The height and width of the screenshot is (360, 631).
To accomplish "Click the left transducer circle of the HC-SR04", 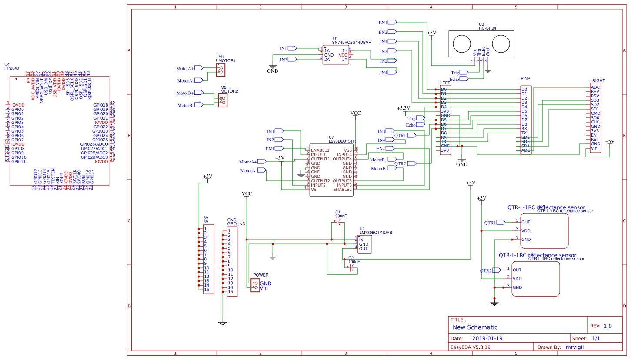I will coord(462,43).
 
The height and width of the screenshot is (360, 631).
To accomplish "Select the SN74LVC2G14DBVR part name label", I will coord(351,43).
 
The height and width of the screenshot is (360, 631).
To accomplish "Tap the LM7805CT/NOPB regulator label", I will coord(376,233).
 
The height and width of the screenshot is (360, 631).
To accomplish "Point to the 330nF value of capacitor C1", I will coord(341,216).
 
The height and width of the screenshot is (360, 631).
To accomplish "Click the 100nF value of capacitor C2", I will coord(354,262).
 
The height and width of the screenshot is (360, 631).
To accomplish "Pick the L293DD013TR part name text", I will coord(342,141).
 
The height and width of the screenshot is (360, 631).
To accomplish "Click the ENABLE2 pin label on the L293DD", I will coord(342,189).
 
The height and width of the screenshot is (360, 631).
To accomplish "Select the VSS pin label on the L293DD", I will coord(348,150).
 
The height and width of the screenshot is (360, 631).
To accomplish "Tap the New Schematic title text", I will coord(475,327).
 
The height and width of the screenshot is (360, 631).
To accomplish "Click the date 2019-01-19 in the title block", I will coord(487,338).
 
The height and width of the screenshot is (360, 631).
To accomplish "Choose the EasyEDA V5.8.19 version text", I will coord(470,347).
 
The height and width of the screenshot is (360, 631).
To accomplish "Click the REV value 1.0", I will coord(608,326).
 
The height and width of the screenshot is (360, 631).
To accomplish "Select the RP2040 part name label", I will coord(12,68).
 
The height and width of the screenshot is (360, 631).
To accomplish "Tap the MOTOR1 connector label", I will coord(227,60).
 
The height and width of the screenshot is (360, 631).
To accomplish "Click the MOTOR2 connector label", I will coord(229,91).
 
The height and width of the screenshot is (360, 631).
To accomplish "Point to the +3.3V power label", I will coord(403,107).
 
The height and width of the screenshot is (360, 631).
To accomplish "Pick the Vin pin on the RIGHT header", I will coord(594,148).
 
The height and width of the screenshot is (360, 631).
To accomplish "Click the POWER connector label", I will coord(260,275).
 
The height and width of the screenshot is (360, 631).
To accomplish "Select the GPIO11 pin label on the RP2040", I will coord(18,161).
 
